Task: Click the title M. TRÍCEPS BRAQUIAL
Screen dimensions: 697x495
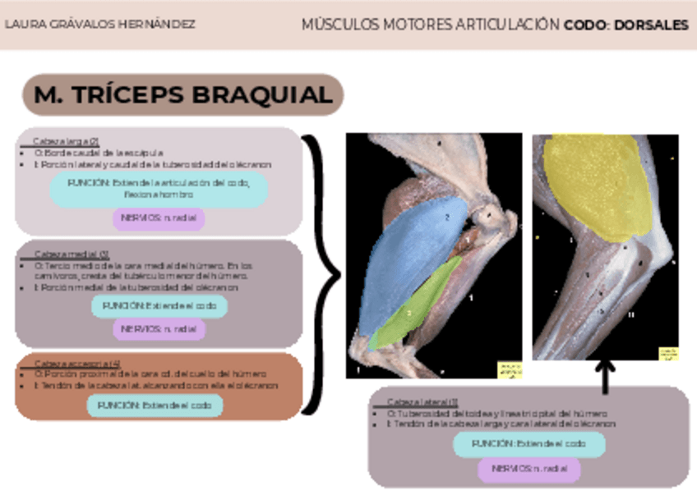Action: (x=182, y=95)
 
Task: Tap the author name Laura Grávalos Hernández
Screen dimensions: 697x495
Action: (x=100, y=25)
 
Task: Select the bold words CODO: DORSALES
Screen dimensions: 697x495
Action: (x=625, y=25)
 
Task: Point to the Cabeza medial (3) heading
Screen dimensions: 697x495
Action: (x=72, y=254)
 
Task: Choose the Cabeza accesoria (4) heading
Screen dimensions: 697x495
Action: (x=76, y=363)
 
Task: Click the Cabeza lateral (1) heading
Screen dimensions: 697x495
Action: (x=422, y=401)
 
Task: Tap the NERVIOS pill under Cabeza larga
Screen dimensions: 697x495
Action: (x=159, y=219)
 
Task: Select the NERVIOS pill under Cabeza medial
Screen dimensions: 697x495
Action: (x=159, y=328)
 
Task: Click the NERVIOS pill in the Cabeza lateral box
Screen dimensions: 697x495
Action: (x=529, y=470)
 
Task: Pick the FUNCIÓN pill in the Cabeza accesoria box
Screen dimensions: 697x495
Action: (x=155, y=405)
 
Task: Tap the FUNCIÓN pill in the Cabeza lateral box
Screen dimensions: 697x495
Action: (x=529, y=443)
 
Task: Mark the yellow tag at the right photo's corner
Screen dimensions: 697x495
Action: (x=668, y=354)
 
